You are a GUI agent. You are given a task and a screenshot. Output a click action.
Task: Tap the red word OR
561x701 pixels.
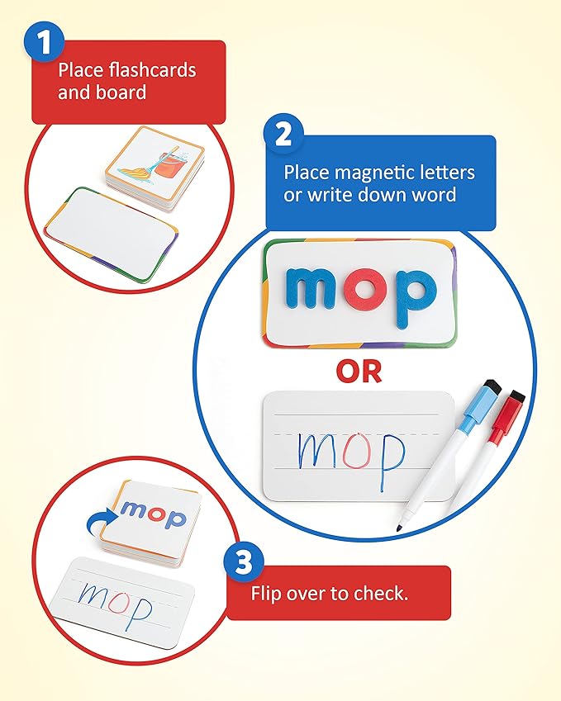click(359, 372)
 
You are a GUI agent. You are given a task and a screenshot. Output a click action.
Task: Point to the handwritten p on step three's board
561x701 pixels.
click(143, 609)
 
